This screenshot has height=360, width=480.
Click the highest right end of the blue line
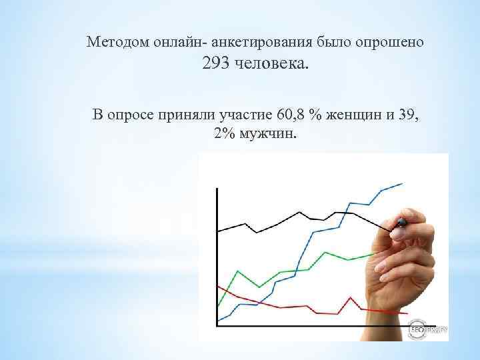coord(402,183)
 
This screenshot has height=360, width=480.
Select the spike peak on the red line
coord(349,296)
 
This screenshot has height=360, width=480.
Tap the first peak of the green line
coord(237,271)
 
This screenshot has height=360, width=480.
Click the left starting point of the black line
coord(218,231)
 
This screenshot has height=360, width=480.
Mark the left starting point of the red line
coord(218,285)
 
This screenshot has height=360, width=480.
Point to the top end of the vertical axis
coord(217,189)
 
